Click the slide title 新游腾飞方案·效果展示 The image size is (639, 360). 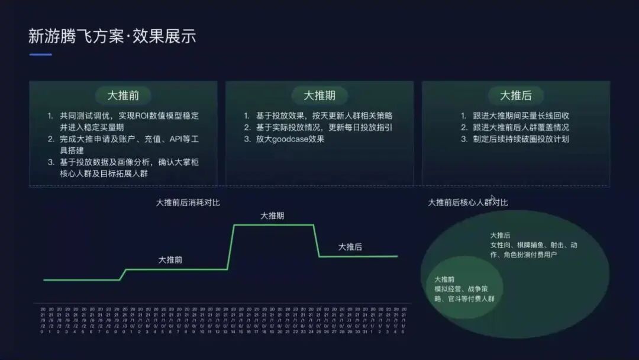click(x=112, y=36)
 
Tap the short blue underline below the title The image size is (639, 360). click(x=41, y=54)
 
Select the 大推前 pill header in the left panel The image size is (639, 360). click(x=123, y=95)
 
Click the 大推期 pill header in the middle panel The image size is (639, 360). click(x=319, y=95)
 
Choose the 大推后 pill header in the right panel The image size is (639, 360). click(x=515, y=95)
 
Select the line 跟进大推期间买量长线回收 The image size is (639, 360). click(x=515, y=115)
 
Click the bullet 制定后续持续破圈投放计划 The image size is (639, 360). click(x=515, y=139)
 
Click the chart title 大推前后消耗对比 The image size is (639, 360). click(x=188, y=202)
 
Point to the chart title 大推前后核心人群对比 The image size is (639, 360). click(x=467, y=202)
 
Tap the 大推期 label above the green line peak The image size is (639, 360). click(x=272, y=216)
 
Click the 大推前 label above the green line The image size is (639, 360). click(x=170, y=259)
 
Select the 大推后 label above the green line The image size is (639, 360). click(x=350, y=247)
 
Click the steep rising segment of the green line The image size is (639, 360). click(x=231, y=247)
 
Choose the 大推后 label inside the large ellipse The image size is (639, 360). click(x=500, y=235)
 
